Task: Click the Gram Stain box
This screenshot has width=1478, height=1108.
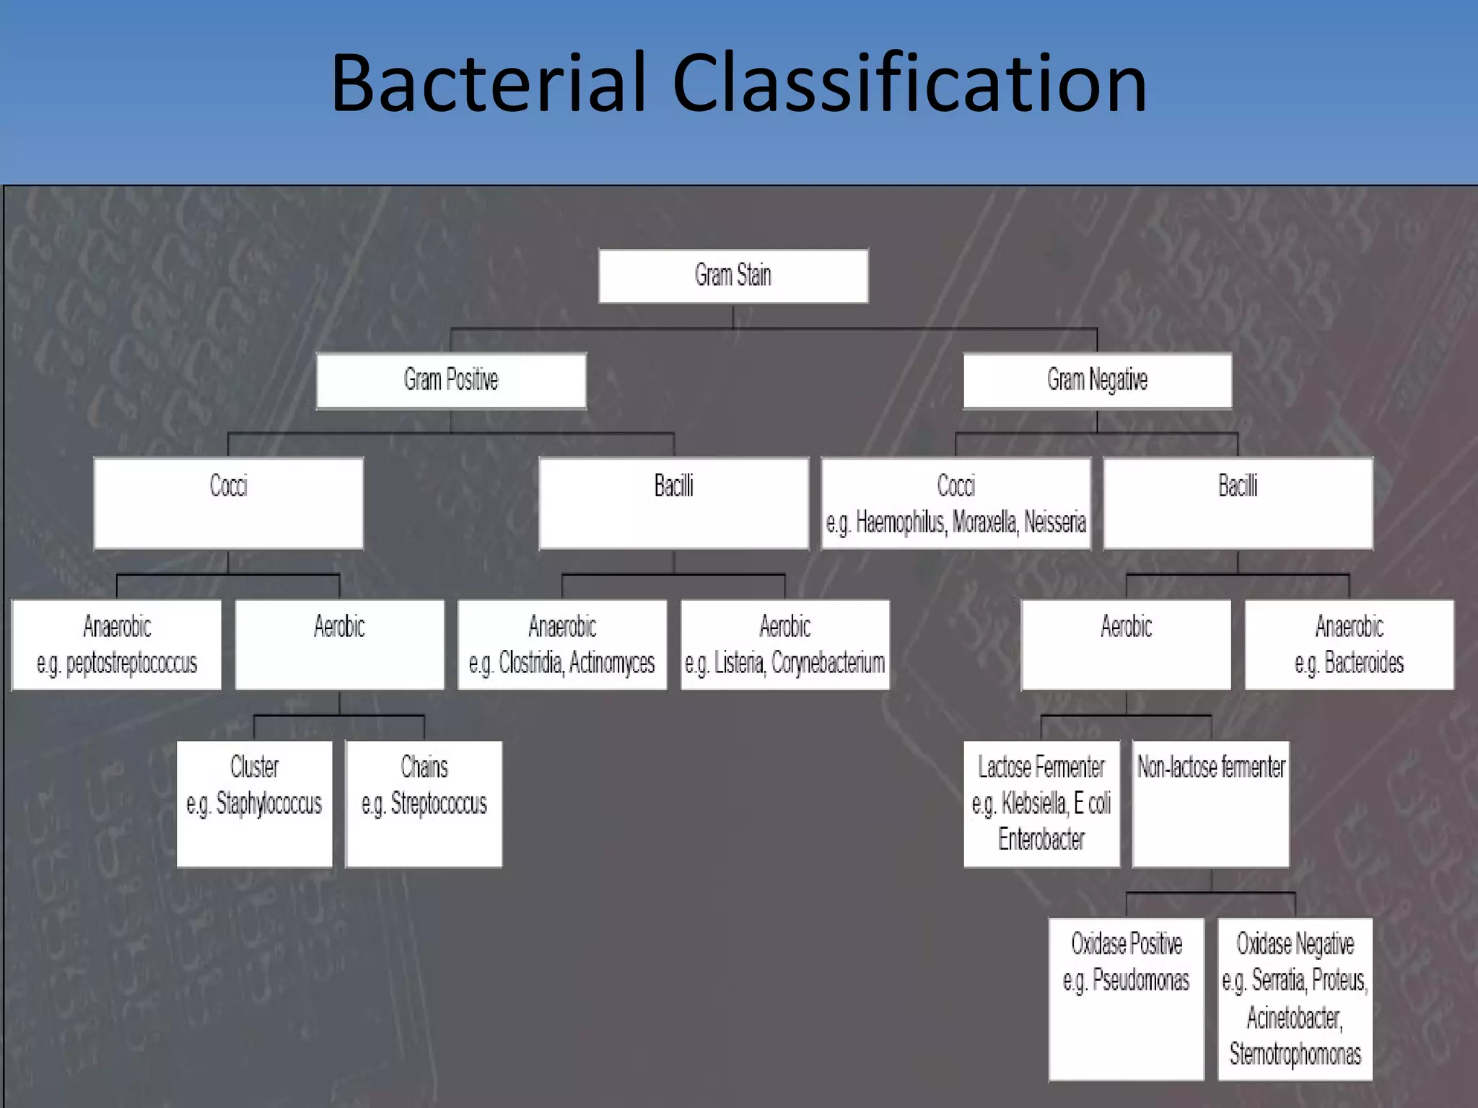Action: pos(733,276)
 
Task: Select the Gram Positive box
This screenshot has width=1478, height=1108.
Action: pos(451,380)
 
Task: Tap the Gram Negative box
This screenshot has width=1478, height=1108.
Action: pos(1097,380)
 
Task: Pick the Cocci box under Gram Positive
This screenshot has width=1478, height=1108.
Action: pos(228,503)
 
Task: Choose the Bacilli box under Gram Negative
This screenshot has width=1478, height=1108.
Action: pos(1238,503)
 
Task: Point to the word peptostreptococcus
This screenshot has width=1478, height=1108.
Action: pos(131,663)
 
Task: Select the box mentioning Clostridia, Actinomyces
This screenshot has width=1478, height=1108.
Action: pos(562,645)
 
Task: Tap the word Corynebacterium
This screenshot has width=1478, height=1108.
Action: pos(828,662)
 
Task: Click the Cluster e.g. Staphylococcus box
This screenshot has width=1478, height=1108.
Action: pos(254,803)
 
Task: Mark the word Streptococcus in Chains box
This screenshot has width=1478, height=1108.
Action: pos(438,803)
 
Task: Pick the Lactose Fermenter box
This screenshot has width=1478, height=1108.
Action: pos(1041,803)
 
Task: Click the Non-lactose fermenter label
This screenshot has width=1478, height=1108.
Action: pos(1211,767)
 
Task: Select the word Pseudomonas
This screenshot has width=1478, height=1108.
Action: pos(1140,980)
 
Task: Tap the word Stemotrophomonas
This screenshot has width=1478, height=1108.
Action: pos(1295,1054)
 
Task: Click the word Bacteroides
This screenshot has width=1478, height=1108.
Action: pos(1364,662)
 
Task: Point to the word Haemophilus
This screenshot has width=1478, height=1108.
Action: pos(900,522)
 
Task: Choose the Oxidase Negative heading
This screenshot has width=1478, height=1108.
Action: pos(1295,944)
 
